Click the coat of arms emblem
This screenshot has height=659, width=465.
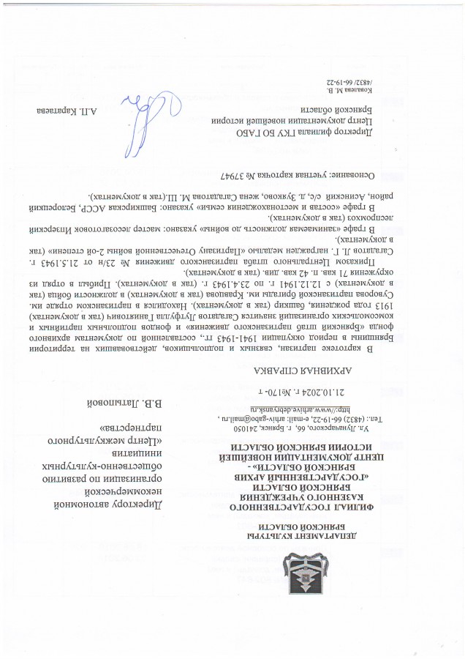300,574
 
